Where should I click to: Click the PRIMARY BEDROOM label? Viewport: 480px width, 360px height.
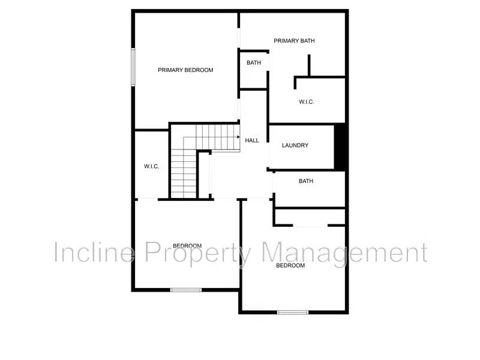point(185,70)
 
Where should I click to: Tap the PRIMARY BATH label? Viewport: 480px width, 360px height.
point(294,41)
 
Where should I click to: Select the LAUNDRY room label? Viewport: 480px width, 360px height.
point(295,145)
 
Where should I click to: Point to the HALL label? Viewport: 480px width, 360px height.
point(252,140)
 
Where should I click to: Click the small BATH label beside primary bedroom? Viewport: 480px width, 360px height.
point(254,63)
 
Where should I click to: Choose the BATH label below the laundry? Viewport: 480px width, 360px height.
point(306,181)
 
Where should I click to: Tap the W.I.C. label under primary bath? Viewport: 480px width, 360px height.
point(307,102)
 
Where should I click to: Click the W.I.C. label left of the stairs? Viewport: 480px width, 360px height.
point(151,166)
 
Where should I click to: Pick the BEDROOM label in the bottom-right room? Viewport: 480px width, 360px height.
point(290,265)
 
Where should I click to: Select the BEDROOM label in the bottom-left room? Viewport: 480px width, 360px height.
point(187,245)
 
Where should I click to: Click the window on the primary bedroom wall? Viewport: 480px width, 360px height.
point(133,66)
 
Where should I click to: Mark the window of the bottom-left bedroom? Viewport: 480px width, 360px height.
point(186,290)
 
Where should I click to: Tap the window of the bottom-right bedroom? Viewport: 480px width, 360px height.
point(293,312)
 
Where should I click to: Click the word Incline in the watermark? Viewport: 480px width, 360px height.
point(93,253)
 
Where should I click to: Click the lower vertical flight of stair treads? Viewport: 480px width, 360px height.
point(183,174)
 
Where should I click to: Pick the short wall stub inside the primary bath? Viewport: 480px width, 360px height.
point(309,65)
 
